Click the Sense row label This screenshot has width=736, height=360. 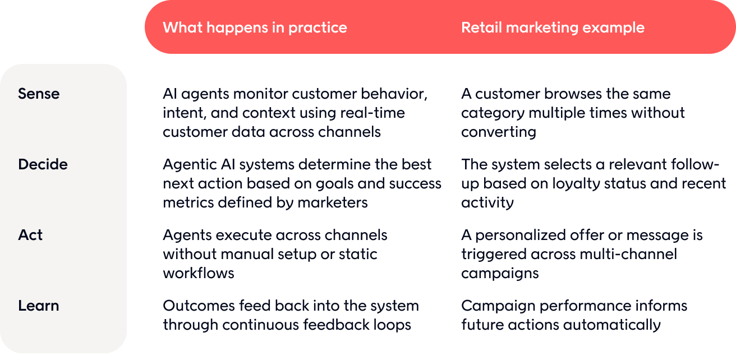point(39,94)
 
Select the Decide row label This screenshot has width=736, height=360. point(43,164)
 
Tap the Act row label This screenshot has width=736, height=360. point(30,235)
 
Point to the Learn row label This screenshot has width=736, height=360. point(39,306)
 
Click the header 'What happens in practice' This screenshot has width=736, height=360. point(255,27)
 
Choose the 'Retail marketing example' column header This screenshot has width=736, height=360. point(553,27)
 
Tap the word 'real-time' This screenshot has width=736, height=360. point(372,113)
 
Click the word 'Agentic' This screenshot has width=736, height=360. point(190,165)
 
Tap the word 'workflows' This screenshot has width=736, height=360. point(199,273)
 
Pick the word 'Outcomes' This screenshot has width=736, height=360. point(199,306)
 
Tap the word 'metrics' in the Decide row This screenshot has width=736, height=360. point(188,202)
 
